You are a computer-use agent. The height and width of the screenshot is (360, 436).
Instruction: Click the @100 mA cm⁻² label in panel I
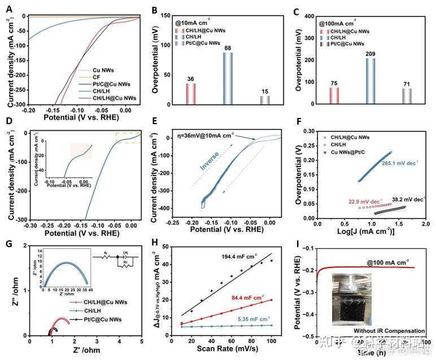click(387, 262)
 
